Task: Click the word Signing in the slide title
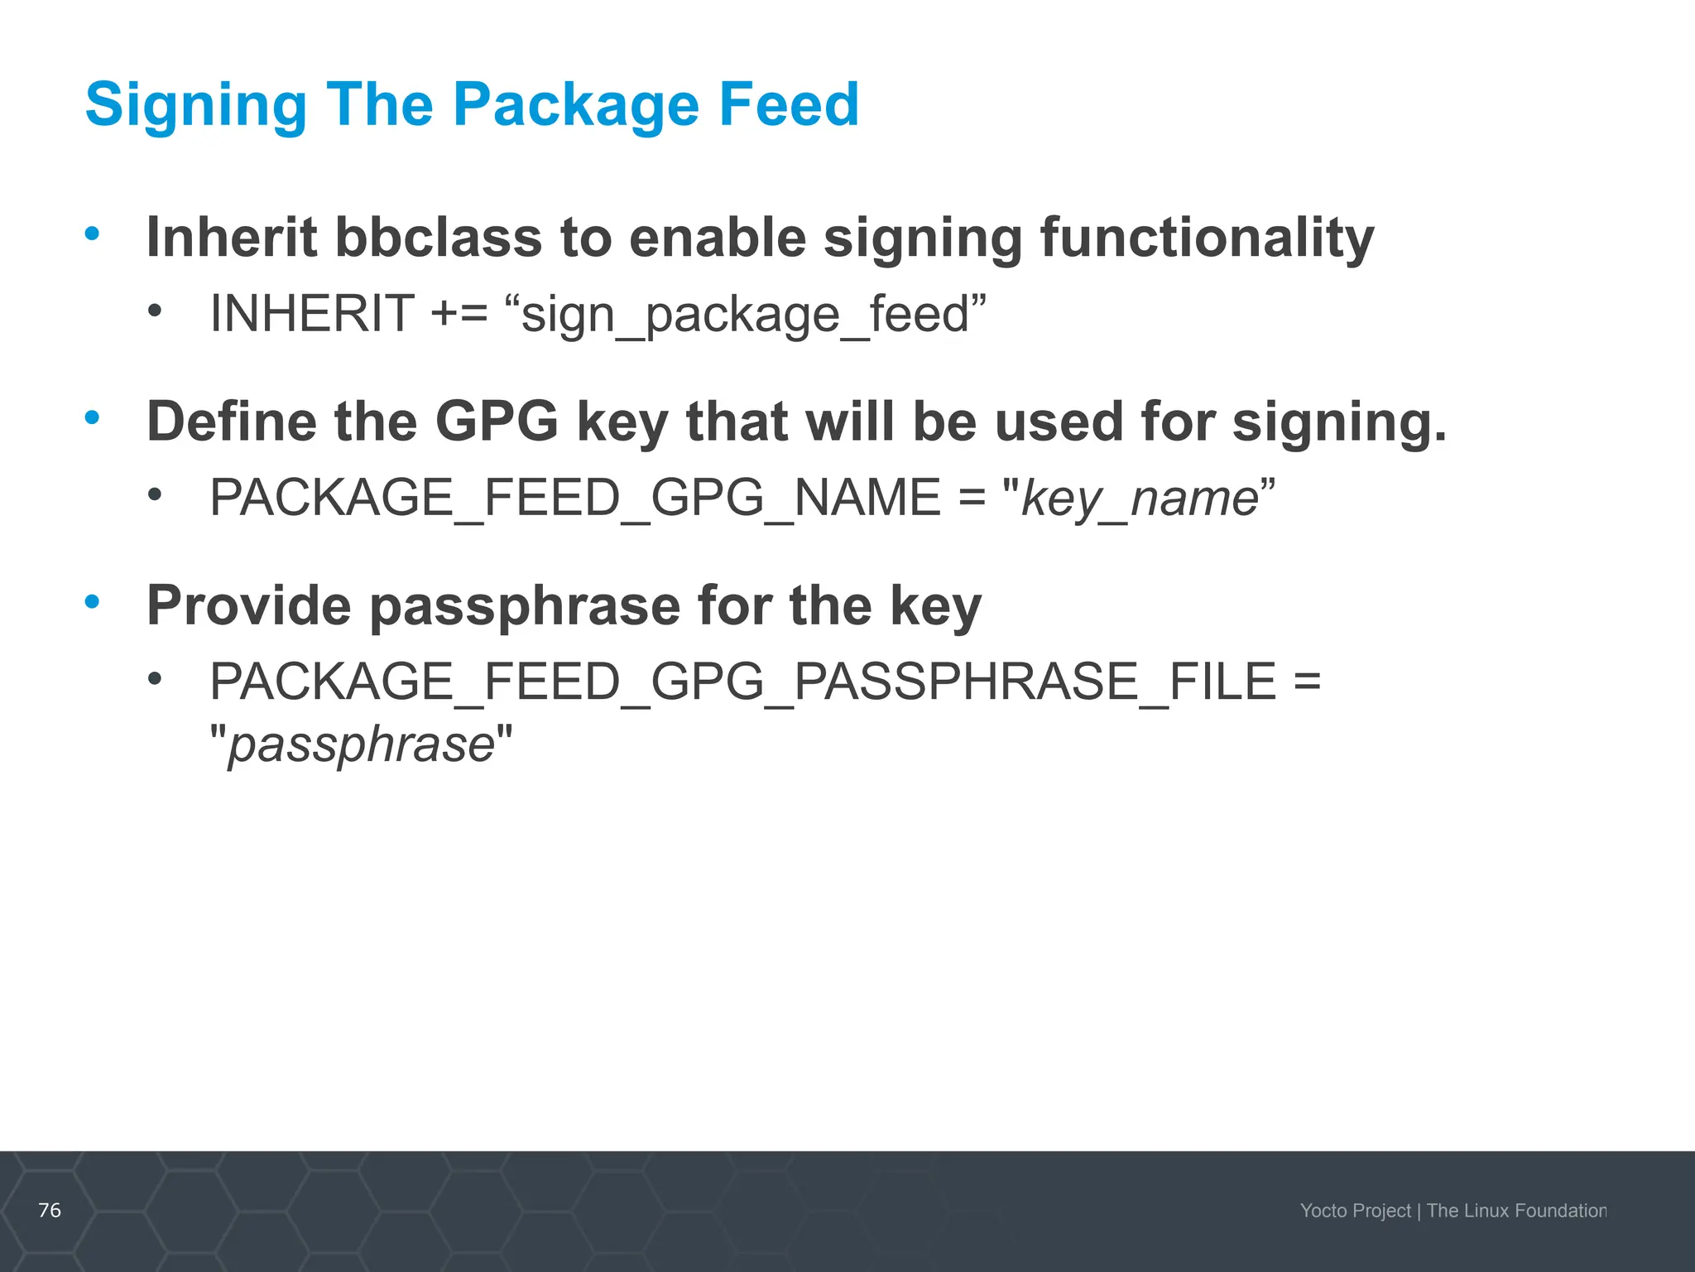pyautogui.click(x=195, y=105)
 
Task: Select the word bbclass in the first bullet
pyautogui.click(x=438, y=238)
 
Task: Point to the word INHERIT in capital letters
pyautogui.click(x=312, y=314)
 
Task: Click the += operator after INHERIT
pyautogui.click(x=459, y=314)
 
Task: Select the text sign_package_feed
pyautogui.click(x=745, y=316)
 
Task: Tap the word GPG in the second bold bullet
pyautogui.click(x=497, y=422)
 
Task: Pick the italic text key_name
pyautogui.click(x=1140, y=499)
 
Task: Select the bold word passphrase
pyautogui.click(x=524, y=607)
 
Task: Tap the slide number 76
pyautogui.click(x=50, y=1210)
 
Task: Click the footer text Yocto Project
pyautogui.click(x=1355, y=1211)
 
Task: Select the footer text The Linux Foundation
pyautogui.click(x=1516, y=1211)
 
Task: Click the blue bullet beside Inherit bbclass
pyautogui.click(x=92, y=234)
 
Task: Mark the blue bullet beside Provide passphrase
pyautogui.click(x=92, y=601)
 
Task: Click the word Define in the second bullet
pyautogui.click(x=231, y=422)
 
